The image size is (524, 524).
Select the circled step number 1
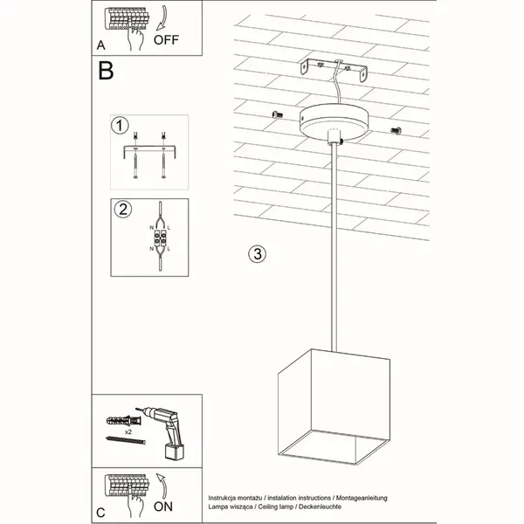(x=120, y=126)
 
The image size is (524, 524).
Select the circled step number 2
(x=123, y=209)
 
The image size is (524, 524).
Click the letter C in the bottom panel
(x=101, y=511)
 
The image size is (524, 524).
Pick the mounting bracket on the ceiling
(x=332, y=69)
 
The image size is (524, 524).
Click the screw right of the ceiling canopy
(x=394, y=130)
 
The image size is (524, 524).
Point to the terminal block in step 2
(x=162, y=237)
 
